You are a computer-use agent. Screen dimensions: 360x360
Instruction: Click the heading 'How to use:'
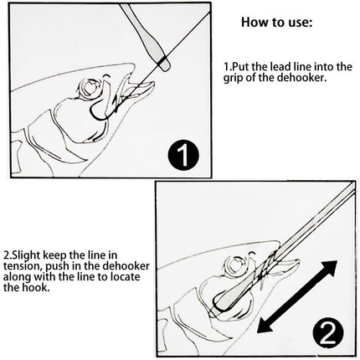coord(277,22)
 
